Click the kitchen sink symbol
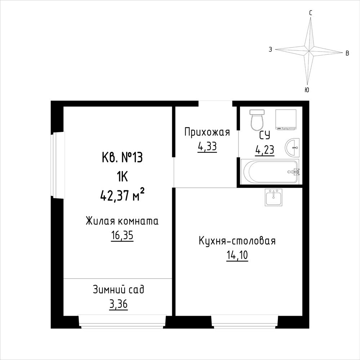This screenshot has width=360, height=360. [x=274, y=197]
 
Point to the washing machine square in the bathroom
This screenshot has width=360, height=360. [x=286, y=120]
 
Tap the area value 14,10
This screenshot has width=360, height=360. [x=237, y=255]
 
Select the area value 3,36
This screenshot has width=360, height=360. [x=119, y=305]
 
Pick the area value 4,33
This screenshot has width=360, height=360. [x=207, y=146]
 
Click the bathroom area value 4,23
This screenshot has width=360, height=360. [x=265, y=150]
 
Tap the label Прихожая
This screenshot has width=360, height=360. [x=207, y=133]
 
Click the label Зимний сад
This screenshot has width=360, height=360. [x=119, y=290]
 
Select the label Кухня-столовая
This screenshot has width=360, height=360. [x=237, y=241]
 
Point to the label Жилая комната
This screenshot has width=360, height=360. [x=122, y=221]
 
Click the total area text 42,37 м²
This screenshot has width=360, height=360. [x=122, y=196]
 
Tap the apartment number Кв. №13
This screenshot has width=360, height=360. [x=122, y=158]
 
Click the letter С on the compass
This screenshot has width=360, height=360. [x=310, y=13]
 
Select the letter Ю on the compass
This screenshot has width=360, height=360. [x=307, y=90]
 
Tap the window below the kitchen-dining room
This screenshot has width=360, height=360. [x=244, y=321]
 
